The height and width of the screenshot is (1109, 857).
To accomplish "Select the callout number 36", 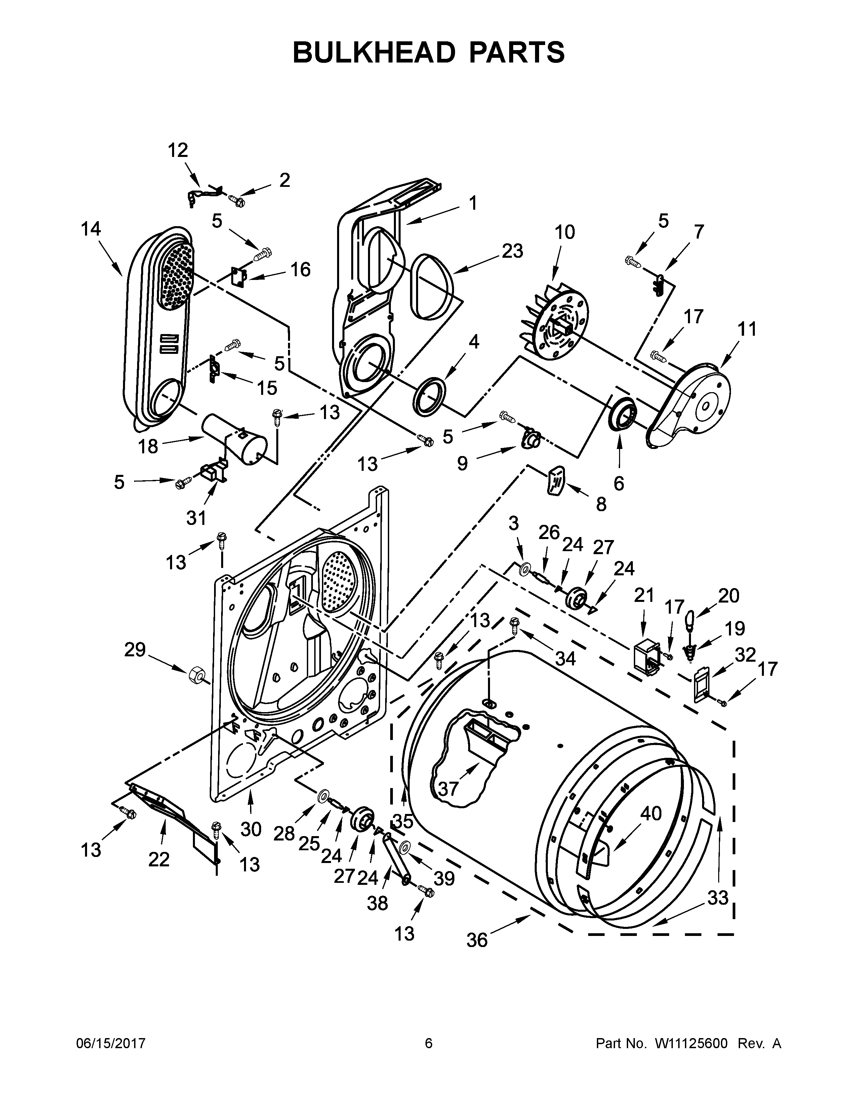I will (x=477, y=940).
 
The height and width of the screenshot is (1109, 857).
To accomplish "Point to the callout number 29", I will (x=135, y=650).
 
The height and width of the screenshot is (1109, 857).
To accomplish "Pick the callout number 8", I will (x=601, y=504).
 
